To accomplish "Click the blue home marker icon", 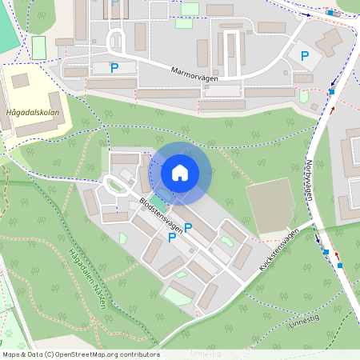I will click(180, 172).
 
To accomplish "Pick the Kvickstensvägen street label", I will click(278, 250).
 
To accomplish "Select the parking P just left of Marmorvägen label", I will click(114, 68).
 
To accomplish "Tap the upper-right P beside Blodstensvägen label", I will click(188, 228).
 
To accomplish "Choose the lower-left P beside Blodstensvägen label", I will click(172, 237).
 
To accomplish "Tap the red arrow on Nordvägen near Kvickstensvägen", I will click(338, 264).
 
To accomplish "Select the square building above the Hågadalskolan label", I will click(20, 80).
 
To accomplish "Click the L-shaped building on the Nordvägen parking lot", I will click(328, 40).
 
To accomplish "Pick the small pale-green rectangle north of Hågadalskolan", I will click(38, 46).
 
